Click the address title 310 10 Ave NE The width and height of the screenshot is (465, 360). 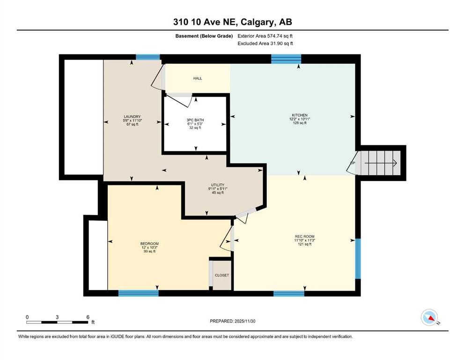[x=232, y=22]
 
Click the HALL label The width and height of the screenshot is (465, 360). [x=198, y=78]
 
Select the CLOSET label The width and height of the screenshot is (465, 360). [x=221, y=275]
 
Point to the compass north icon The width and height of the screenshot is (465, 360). [x=429, y=318]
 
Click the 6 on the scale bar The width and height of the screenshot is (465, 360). [x=88, y=317]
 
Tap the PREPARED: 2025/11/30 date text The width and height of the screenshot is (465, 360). [x=232, y=321]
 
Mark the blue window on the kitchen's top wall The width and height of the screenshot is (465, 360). [x=286, y=59]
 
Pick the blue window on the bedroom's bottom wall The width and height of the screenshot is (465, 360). [x=138, y=293]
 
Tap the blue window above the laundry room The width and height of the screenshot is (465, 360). [x=148, y=57]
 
